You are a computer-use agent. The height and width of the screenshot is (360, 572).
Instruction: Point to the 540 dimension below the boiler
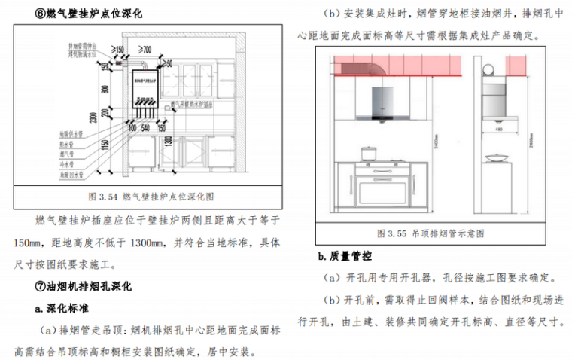pos(147,128)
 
